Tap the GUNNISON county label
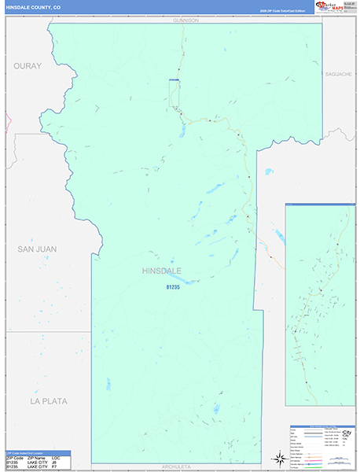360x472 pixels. [x=186, y=20]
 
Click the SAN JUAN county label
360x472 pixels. [x=37, y=249]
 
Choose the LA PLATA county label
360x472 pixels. [x=49, y=401]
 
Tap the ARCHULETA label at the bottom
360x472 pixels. [x=177, y=466]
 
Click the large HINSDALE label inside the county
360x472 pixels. [x=161, y=271]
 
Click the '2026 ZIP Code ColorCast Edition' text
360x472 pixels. [x=282, y=11]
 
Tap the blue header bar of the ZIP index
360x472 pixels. [x=37, y=452]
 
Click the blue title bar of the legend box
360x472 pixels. [x=322, y=427]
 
